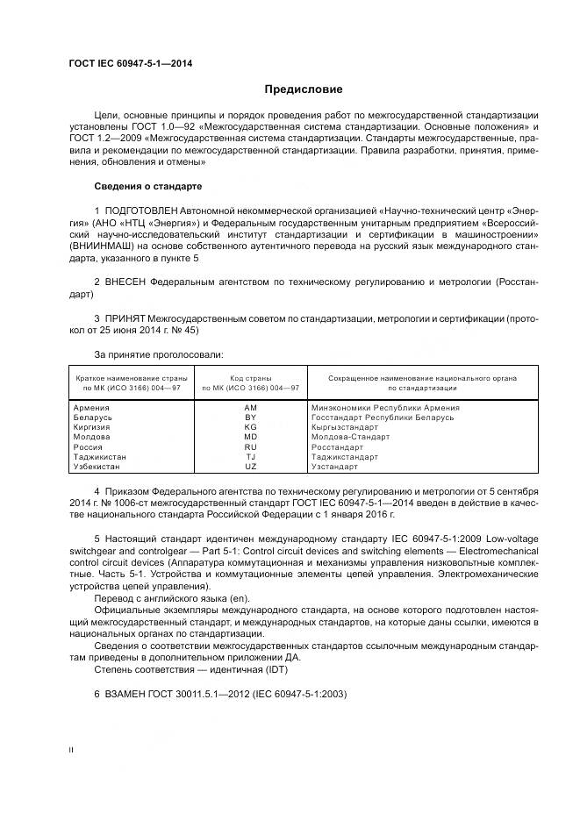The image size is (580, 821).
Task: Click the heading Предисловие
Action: point(304,89)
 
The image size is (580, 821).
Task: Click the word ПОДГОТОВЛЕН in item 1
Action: point(140,212)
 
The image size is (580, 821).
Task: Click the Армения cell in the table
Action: point(91,408)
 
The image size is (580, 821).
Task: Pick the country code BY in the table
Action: point(250,418)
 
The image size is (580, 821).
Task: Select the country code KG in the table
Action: point(250,427)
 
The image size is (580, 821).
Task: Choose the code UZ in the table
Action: point(250,466)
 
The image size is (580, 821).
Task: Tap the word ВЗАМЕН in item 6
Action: point(127,694)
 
